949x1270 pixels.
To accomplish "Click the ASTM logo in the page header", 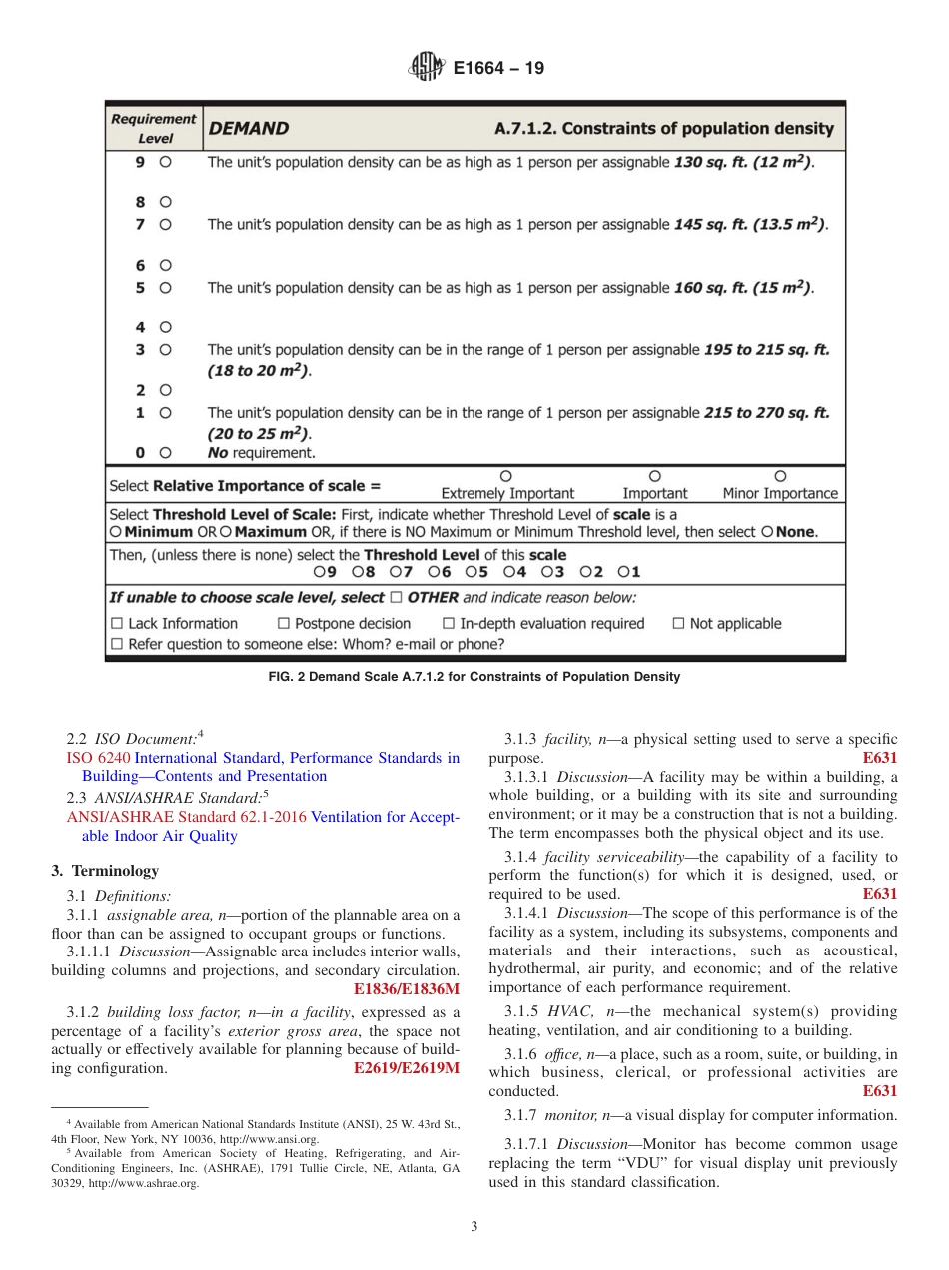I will click(x=427, y=68).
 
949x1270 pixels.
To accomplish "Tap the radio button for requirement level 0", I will click(x=166, y=452).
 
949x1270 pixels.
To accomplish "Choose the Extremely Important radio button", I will click(x=506, y=476).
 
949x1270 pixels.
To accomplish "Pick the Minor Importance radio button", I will click(x=780, y=476).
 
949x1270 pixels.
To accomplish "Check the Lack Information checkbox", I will click(x=116, y=624).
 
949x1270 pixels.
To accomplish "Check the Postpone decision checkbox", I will click(x=284, y=624).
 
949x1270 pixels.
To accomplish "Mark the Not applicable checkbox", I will click(x=678, y=624).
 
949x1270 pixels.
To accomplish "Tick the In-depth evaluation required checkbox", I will click(x=449, y=624).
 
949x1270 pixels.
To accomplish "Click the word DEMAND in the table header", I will click(x=249, y=129).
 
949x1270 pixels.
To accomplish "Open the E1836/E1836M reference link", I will click(x=407, y=989).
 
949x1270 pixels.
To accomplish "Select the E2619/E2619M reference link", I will click(x=407, y=1067).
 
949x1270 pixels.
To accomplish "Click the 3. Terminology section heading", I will click(x=105, y=871).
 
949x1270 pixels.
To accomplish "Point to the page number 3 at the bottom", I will click(x=474, y=1226).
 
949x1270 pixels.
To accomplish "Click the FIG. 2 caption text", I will click(x=474, y=677).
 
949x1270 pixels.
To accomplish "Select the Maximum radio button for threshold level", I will click(x=226, y=533).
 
